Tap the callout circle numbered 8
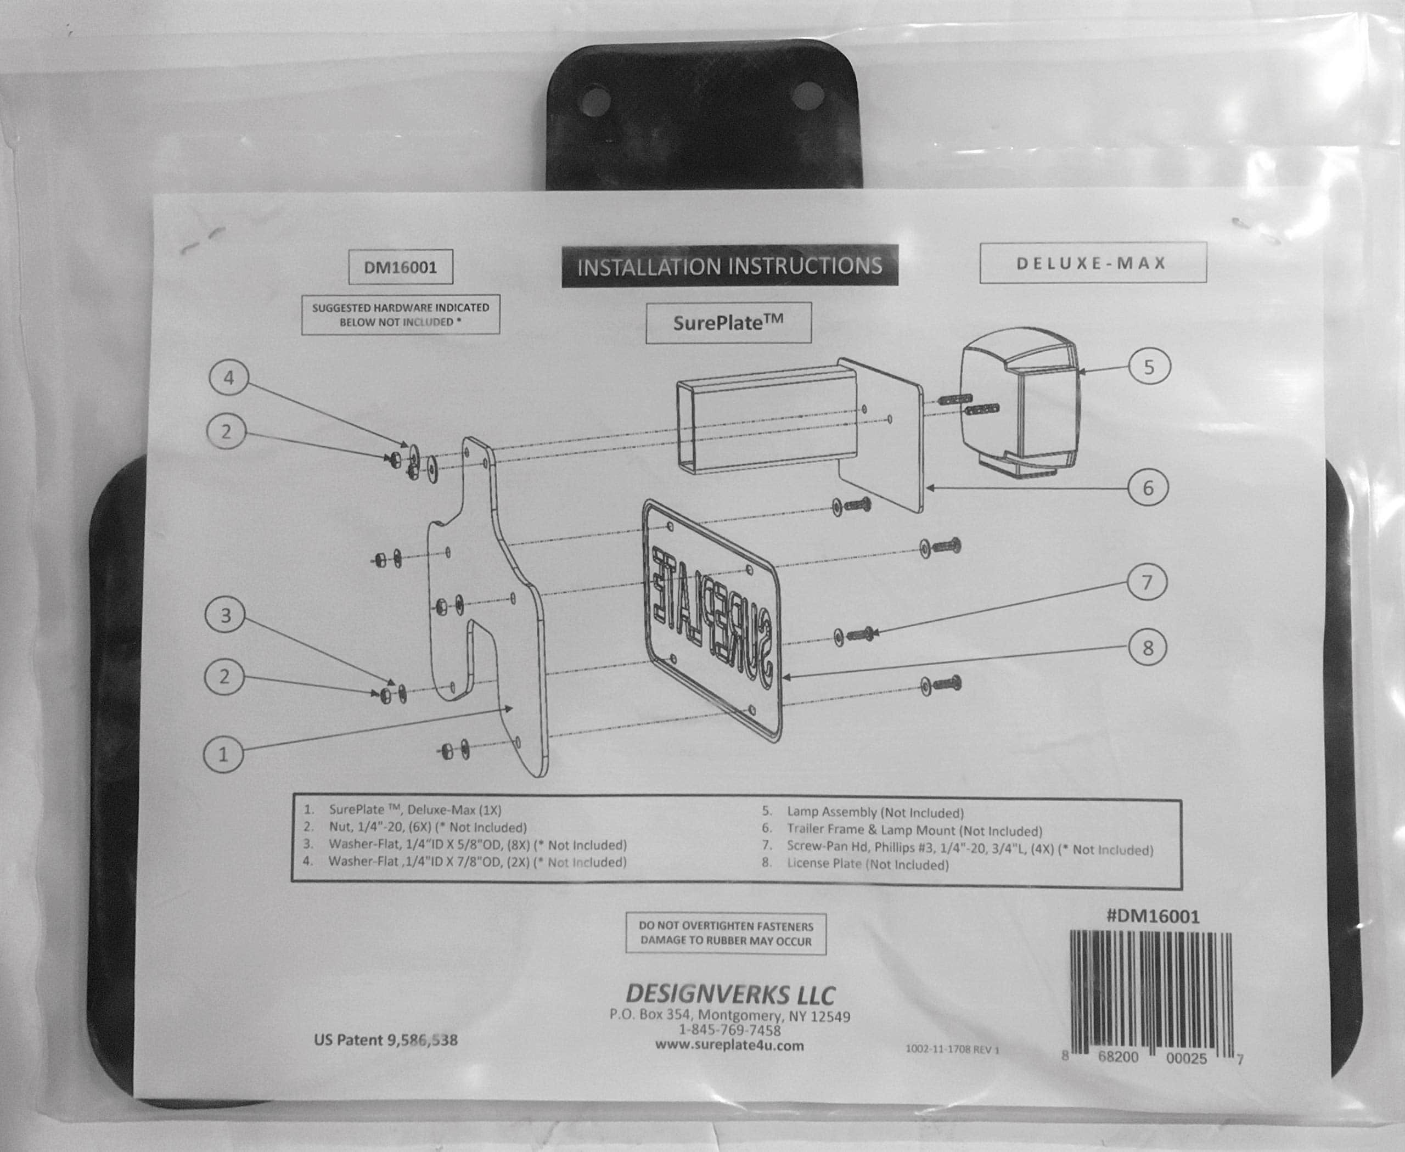click(x=1148, y=648)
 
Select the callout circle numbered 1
click(x=223, y=755)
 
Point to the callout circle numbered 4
click(x=229, y=378)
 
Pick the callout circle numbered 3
click(x=225, y=615)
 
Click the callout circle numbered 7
click(x=1147, y=582)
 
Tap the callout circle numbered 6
click(x=1148, y=488)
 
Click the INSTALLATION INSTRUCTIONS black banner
click(x=729, y=266)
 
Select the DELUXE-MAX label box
click(x=1092, y=263)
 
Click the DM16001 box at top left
click(x=401, y=267)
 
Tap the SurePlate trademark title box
click(x=728, y=323)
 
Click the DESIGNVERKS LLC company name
click(x=730, y=994)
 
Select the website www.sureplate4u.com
click(x=729, y=1045)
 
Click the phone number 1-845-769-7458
click(x=729, y=1030)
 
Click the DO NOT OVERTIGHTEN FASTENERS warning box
click(x=726, y=933)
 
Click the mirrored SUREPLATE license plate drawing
click(x=712, y=621)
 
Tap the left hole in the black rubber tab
click(x=595, y=101)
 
